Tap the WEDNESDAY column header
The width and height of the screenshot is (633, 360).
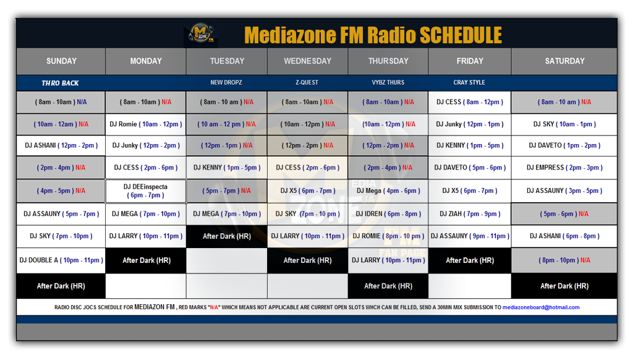(x=308, y=61)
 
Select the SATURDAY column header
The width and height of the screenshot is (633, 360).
(x=564, y=61)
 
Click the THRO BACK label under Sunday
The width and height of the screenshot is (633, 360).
(x=60, y=84)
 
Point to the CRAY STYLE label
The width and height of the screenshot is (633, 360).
(x=469, y=82)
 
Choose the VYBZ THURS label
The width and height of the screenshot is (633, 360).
(x=388, y=82)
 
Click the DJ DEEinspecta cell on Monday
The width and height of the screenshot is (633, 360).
(x=146, y=191)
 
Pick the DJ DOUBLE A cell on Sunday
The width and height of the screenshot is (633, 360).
(x=61, y=260)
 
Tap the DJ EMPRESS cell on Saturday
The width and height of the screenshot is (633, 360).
(x=564, y=167)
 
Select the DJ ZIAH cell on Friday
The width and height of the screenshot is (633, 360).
(x=470, y=214)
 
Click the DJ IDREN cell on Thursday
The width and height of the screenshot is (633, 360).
(x=388, y=214)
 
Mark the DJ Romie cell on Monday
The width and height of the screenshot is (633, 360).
(x=146, y=124)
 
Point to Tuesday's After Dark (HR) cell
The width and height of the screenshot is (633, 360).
(x=227, y=236)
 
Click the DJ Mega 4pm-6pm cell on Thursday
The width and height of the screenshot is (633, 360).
(x=388, y=191)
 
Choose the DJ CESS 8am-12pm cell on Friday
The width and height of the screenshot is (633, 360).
(x=470, y=102)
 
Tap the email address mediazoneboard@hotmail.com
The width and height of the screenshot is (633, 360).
(x=541, y=307)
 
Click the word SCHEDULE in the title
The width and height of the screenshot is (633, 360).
(x=461, y=35)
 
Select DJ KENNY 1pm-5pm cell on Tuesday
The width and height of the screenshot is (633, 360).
(x=227, y=167)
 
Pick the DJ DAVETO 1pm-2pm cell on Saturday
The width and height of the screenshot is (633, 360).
(x=564, y=145)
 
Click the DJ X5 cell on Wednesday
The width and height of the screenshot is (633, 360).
(x=308, y=191)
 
